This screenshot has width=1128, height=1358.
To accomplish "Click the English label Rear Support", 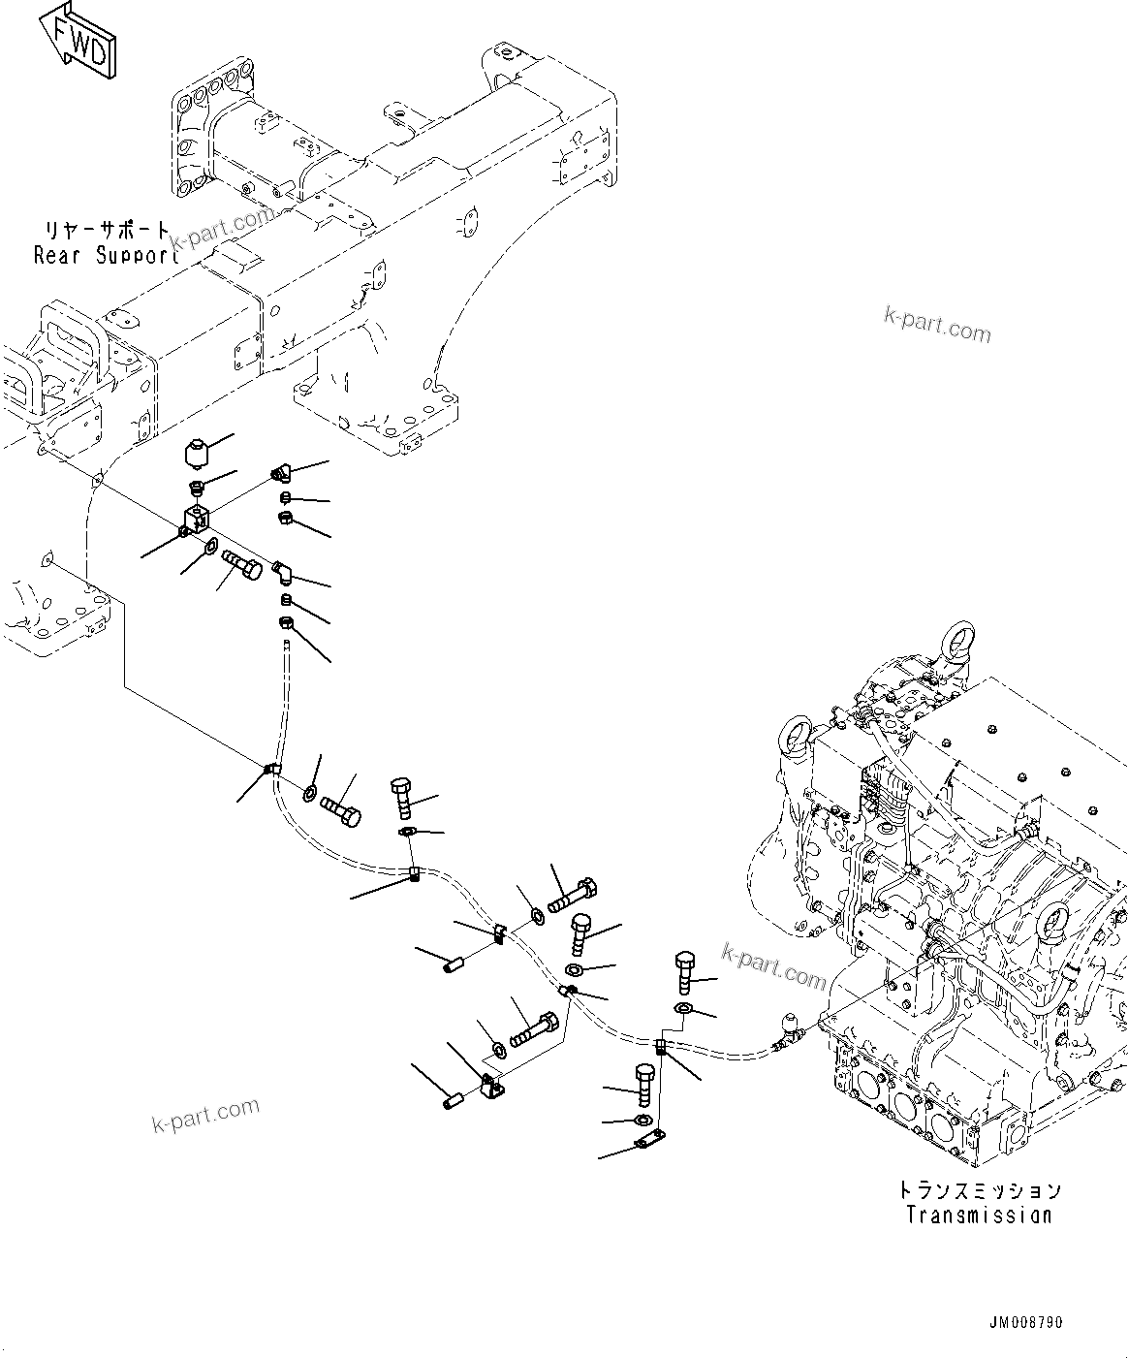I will (x=105, y=257).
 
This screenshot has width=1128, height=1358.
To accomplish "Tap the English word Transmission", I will (x=978, y=1215).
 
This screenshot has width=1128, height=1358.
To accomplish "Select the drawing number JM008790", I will (x=1026, y=1323).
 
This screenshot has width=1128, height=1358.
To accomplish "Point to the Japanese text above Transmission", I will (x=978, y=1190).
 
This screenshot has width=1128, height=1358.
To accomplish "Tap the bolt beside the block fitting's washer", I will (x=242, y=564).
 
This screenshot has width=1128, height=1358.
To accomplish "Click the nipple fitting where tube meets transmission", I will (x=788, y=1032).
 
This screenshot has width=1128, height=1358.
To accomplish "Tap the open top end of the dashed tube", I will (x=288, y=645).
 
